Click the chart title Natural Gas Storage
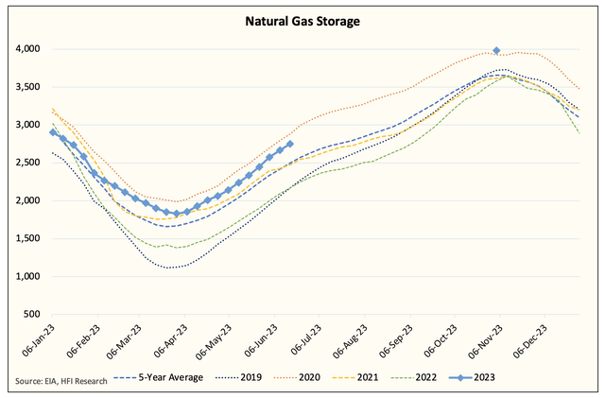click(x=302, y=19)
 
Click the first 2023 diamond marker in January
click(x=53, y=132)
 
